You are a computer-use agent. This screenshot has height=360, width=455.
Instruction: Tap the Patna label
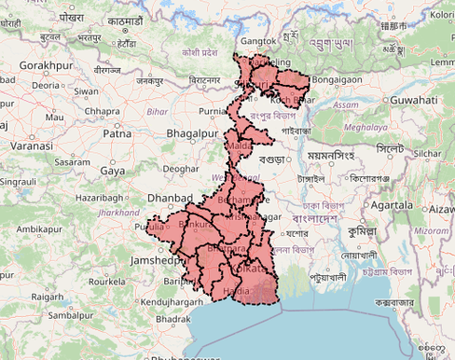click(x=117, y=134)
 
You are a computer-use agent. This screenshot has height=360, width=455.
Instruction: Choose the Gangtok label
click(x=259, y=41)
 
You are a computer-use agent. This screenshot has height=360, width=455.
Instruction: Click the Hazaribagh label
click(x=100, y=199)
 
